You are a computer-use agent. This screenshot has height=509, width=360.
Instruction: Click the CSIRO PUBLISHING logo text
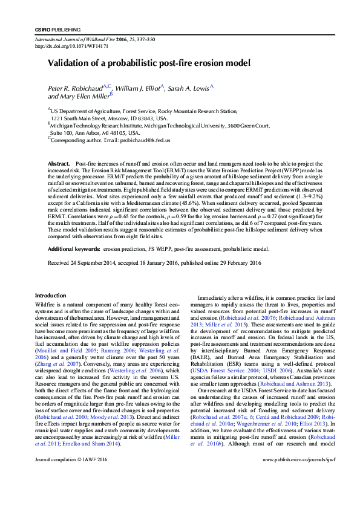(56, 30)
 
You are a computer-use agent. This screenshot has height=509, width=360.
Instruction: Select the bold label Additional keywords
(74, 249)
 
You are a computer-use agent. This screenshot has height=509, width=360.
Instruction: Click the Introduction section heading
(50, 295)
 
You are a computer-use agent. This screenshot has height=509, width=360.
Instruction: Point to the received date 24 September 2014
(101, 263)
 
